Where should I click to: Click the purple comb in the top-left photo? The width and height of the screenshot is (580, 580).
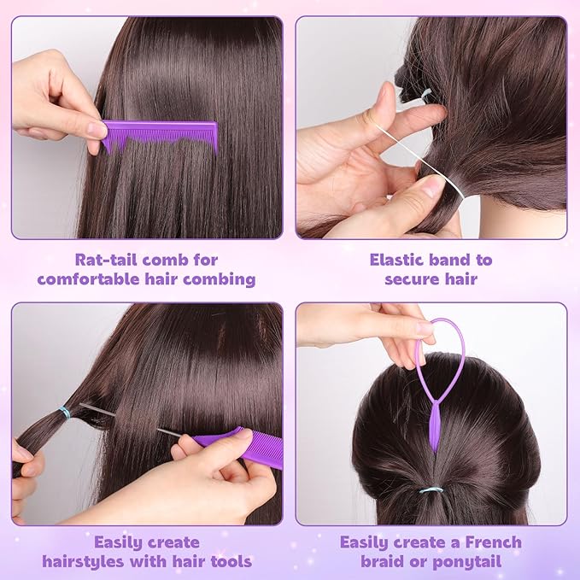click(159, 133)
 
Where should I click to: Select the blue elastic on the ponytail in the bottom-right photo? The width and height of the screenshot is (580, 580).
click(431, 490)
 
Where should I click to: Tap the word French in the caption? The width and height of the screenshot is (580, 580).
click(494, 542)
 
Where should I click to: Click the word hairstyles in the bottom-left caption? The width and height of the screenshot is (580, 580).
click(84, 562)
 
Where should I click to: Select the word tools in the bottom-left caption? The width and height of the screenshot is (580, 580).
click(231, 561)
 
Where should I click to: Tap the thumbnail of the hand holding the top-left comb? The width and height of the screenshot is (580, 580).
click(97, 130)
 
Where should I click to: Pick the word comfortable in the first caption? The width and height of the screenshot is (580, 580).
click(89, 279)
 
